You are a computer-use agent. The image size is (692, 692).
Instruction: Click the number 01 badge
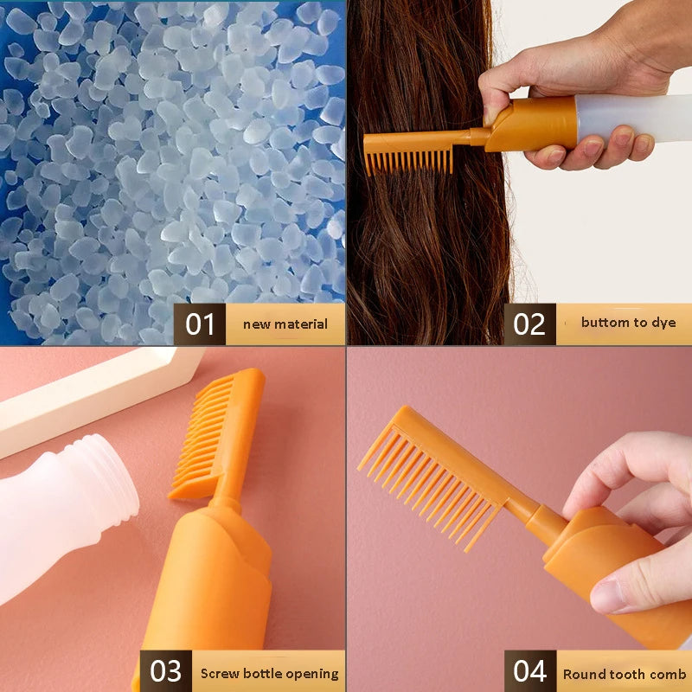200,324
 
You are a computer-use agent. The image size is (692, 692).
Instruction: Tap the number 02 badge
529,324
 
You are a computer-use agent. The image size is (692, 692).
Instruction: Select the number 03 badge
166,672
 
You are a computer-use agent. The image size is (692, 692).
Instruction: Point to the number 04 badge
529,672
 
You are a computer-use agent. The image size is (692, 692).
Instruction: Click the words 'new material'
285,324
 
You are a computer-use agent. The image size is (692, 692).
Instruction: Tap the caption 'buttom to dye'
628,323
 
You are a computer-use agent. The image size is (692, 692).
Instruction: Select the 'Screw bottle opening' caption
269,673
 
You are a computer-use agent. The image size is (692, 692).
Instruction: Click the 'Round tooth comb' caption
624,674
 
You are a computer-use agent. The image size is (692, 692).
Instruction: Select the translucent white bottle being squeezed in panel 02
636,117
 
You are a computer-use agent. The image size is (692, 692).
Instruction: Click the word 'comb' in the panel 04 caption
668,674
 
